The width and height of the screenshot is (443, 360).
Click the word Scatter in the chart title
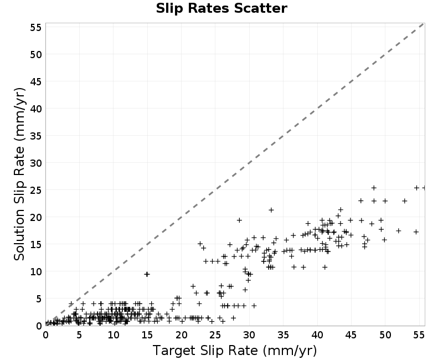click(260, 8)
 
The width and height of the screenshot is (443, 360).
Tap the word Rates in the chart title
click(209, 8)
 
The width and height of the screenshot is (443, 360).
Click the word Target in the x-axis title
click(174, 351)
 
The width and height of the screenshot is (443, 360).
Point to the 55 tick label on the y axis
click(36, 27)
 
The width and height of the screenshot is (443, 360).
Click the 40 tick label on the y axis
click(36, 109)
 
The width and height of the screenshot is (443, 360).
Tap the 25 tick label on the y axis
click(36, 190)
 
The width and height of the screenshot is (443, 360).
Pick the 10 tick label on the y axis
click(36, 271)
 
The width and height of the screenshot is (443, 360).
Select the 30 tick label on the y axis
click(36, 163)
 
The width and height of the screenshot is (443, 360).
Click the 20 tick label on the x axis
click(182, 335)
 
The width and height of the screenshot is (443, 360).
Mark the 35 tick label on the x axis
click(283, 335)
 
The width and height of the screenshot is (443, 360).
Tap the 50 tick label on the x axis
click(385, 335)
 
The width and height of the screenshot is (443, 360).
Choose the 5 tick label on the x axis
click(79, 335)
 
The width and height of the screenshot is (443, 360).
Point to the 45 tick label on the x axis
click(351, 335)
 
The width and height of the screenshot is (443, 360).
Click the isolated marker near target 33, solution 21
click(271, 210)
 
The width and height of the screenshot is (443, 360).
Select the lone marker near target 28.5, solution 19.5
click(239, 220)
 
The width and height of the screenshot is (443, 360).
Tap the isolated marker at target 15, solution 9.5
click(147, 274)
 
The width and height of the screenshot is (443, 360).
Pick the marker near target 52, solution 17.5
click(399, 231)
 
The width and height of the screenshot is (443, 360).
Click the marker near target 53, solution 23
click(405, 201)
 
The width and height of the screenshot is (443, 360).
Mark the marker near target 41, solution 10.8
click(325, 267)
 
